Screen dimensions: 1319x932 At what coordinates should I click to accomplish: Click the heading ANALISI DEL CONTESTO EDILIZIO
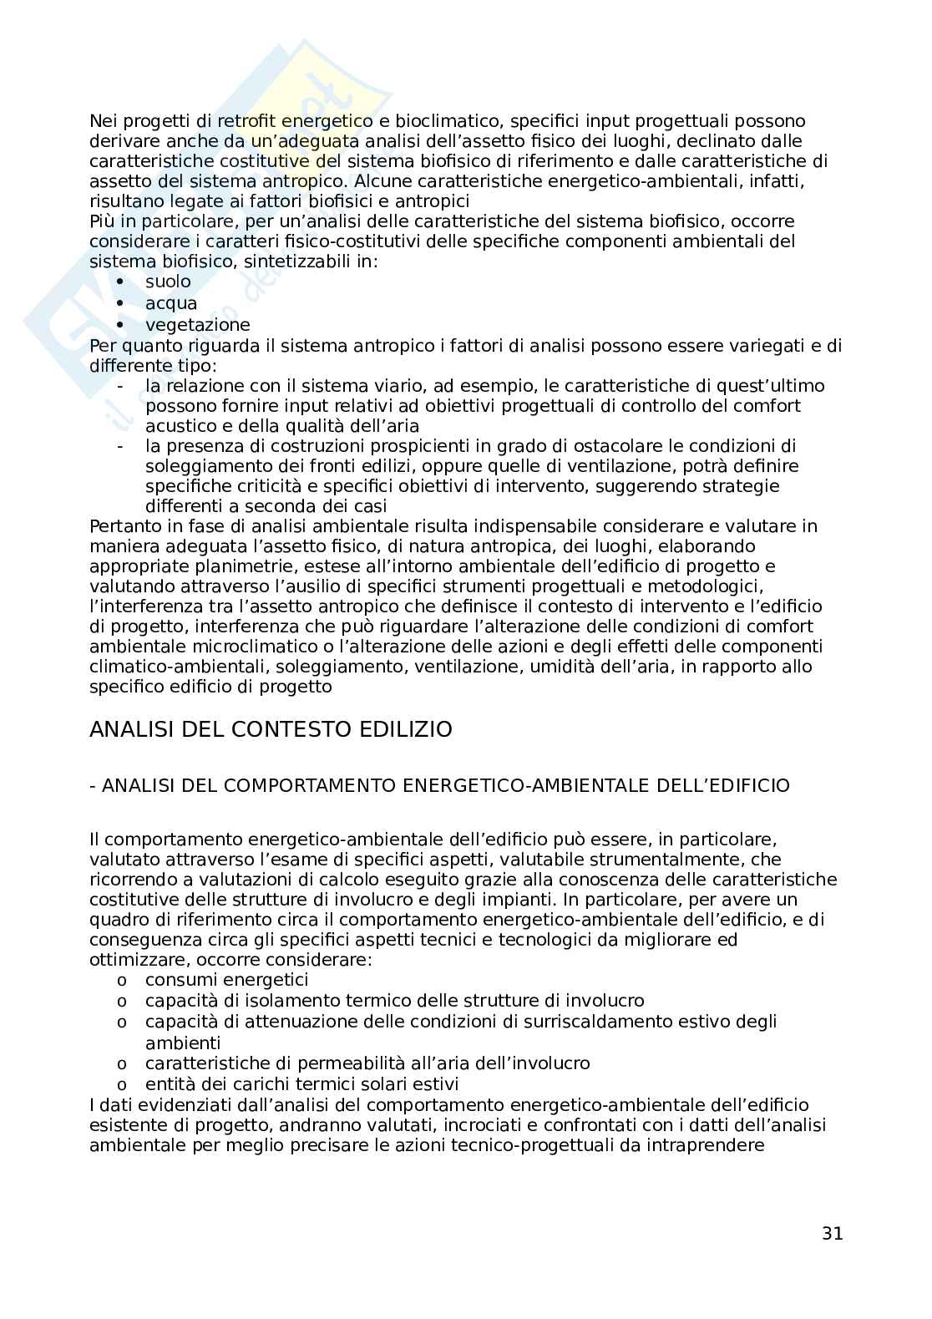pos(271,729)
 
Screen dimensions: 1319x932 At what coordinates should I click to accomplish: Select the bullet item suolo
pos(168,282)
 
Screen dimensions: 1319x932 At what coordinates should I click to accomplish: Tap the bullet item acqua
pos(171,303)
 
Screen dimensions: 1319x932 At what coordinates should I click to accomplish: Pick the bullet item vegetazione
pos(197,325)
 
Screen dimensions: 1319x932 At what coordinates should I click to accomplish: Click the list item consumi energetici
pos(226,980)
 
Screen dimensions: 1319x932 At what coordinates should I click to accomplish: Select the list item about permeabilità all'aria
pos(367,1063)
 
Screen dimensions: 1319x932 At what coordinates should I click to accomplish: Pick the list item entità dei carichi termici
pos(301,1084)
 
